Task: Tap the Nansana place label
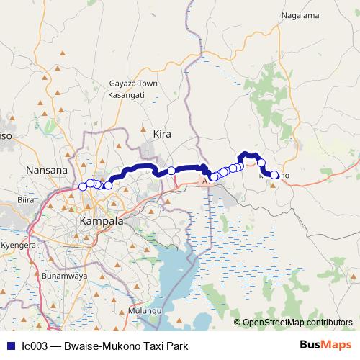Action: point(46,170)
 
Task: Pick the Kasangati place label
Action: point(126,94)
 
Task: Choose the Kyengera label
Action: point(19,246)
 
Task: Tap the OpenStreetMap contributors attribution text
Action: point(297,322)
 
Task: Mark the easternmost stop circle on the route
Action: point(274,174)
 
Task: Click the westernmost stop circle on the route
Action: point(82,186)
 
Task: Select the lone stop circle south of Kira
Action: point(171,171)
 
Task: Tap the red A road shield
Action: point(204,182)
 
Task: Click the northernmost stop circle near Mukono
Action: point(261,163)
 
